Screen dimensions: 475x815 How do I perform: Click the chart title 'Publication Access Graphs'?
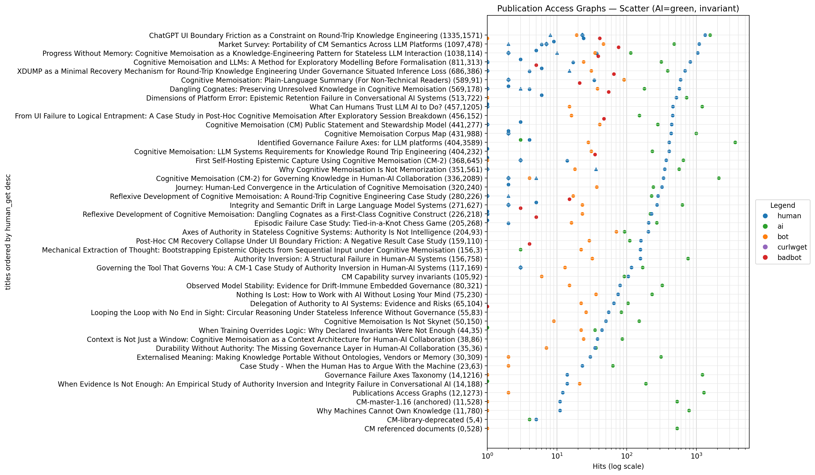[618, 9]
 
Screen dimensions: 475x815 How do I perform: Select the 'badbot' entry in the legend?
[789, 257]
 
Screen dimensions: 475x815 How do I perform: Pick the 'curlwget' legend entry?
[792, 247]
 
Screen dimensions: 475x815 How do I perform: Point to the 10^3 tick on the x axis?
[696, 448]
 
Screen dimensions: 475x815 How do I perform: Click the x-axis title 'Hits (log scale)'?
[618, 466]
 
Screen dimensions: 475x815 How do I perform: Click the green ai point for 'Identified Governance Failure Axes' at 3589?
[735, 142]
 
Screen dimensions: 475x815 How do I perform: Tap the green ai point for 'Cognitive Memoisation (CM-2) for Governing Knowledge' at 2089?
[719, 178]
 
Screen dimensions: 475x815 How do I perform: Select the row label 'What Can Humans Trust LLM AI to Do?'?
[396, 107]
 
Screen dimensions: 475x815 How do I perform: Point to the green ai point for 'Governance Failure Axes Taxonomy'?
[702, 375]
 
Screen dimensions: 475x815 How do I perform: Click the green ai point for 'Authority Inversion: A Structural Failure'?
[688, 258]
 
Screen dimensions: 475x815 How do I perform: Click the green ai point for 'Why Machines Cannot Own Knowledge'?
[689, 411]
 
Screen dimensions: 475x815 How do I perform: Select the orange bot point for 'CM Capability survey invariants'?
[542, 276]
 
